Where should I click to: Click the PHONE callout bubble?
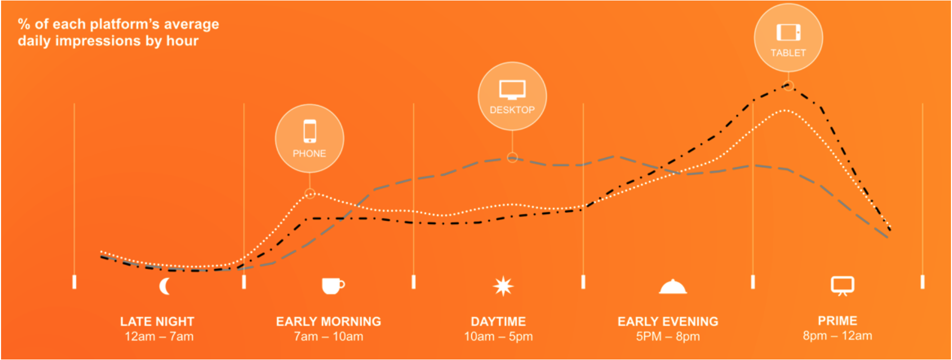(309, 138)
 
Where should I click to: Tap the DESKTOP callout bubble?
(512, 96)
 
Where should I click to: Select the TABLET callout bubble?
(788, 37)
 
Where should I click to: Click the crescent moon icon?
(165, 286)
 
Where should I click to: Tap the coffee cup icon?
(333, 286)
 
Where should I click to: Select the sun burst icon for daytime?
(503, 286)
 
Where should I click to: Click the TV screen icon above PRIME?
(842, 286)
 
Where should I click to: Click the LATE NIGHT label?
(157, 321)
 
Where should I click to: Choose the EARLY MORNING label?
(328, 321)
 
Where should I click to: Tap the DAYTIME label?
(498, 321)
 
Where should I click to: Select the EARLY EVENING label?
(668, 321)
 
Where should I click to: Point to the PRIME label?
(837, 320)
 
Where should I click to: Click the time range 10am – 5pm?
(498, 337)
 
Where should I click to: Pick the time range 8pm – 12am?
(837, 336)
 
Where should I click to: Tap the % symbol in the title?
(24, 24)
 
